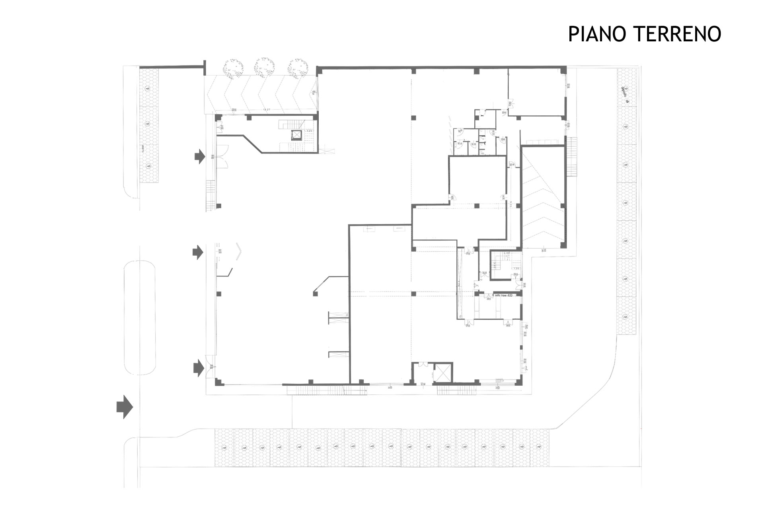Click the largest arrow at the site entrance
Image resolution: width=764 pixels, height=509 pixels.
click(x=125, y=407)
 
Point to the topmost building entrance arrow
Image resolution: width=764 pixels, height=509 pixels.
click(x=199, y=156)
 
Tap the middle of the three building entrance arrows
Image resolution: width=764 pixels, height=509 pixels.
click(x=198, y=252)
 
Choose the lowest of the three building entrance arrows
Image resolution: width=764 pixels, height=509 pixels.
click(x=199, y=368)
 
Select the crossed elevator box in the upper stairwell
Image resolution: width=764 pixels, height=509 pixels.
click(x=297, y=135)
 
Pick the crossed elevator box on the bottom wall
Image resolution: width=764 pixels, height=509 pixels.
click(x=442, y=372)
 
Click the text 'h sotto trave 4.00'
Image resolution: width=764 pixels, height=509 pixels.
click(x=503, y=295)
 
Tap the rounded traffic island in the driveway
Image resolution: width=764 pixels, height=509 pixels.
click(x=139, y=317)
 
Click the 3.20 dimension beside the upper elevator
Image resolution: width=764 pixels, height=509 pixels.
click(x=309, y=130)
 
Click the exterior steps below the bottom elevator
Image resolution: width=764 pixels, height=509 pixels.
click(x=456, y=390)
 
